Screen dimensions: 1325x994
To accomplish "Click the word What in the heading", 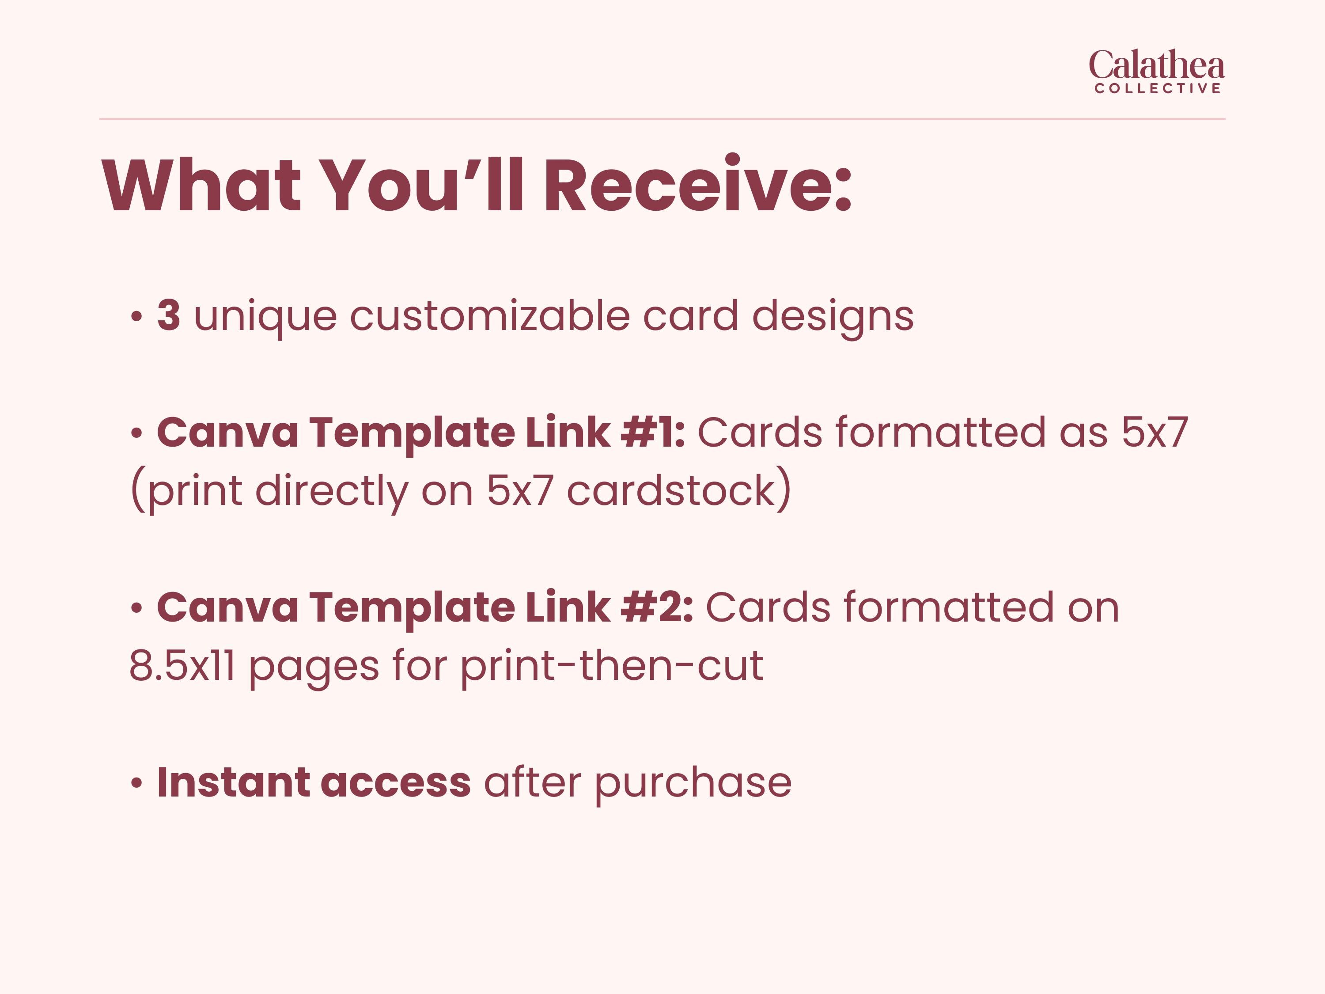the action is tap(202, 185).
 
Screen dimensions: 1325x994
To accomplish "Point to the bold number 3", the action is tap(169, 315).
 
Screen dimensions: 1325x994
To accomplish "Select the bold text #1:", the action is tap(653, 433).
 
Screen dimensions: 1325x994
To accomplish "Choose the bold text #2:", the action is tap(657, 607).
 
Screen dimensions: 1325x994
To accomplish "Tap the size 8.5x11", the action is tap(182, 666).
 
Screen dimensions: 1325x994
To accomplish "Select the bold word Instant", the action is tap(233, 782).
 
